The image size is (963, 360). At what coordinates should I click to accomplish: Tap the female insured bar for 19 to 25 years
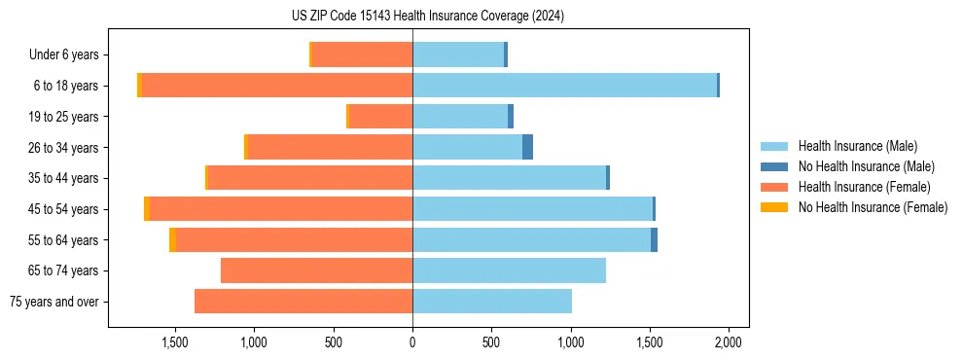click(380, 117)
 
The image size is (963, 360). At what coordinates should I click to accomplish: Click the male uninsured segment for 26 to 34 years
click(527, 147)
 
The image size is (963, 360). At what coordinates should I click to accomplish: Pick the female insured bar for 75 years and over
click(303, 302)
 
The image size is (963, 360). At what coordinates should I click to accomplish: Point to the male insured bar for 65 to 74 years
click(509, 270)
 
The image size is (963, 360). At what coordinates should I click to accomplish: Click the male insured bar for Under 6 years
click(458, 54)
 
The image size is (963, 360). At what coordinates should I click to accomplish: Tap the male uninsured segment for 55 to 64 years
click(654, 239)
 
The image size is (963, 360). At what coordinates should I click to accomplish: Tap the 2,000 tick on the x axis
click(729, 342)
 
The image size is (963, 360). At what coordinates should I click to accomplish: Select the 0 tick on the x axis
click(412, 342)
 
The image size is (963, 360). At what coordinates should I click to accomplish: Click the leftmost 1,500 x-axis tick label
click(174, 342)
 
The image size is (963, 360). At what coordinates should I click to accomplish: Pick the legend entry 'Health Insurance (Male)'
click(857, 146)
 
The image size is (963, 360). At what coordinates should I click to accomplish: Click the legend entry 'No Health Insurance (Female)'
click(873, 207)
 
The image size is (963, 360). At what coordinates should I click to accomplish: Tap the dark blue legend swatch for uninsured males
click(775, 166)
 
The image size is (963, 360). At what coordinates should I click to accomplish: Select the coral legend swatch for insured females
click(775, 187)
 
